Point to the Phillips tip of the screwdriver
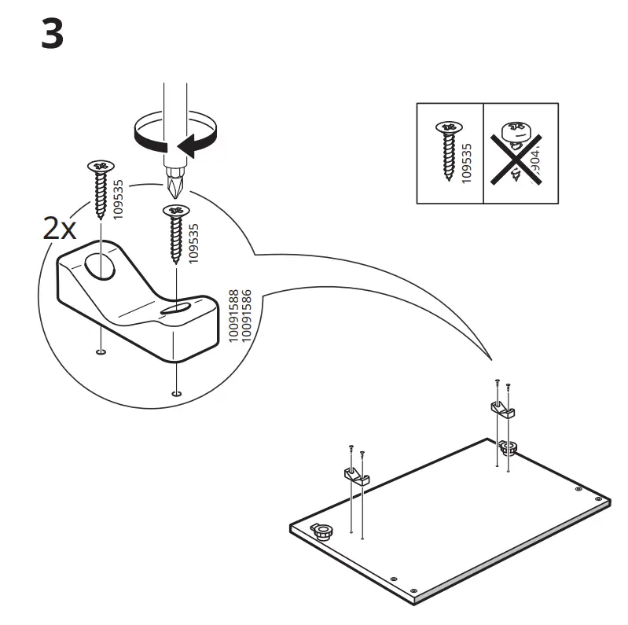[x=174, y=186]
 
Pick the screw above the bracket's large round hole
[x=101, y=188]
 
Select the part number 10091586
[x=246, y=314]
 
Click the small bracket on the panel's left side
[x=355, y=476]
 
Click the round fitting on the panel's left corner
[x=321, y=531]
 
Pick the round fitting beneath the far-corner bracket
[x=507, y=448]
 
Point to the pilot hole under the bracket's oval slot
[x=177, y=392]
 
